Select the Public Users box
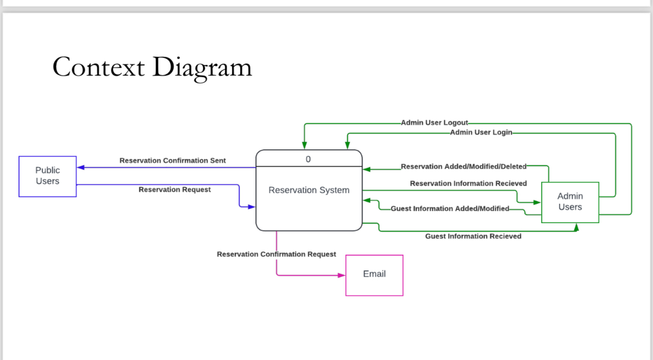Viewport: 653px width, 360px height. (x=47, y=176)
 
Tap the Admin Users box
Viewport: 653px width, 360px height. (x=570, y=202)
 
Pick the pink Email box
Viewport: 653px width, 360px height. (x=374, y=275)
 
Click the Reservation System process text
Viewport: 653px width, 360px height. (x=309, y=190)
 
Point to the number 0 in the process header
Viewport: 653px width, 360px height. (x=308, y=159)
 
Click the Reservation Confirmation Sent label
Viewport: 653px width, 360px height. (x=172, y=161)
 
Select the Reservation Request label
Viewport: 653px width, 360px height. (x=174, y=190)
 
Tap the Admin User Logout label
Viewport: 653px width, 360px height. (x=434, y=123)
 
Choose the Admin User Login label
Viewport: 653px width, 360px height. (x=481, y=133)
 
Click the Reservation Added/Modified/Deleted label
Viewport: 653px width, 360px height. (x=463, y=166)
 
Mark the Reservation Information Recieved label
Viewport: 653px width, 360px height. (x=468, y=184)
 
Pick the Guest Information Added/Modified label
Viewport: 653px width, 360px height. (x=450, y=208)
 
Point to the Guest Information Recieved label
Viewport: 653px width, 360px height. (x=473, y=236)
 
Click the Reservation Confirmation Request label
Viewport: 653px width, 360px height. (x=276, y=254)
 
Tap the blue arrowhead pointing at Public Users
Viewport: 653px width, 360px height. (x=80, y=167)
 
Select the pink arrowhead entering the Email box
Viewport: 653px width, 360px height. (x=342, y=276)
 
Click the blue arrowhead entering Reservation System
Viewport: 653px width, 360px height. (x=251, y=207)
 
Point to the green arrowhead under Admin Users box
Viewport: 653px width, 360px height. (x=576, y=227)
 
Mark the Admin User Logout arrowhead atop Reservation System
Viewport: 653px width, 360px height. (x=304, y=145)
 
